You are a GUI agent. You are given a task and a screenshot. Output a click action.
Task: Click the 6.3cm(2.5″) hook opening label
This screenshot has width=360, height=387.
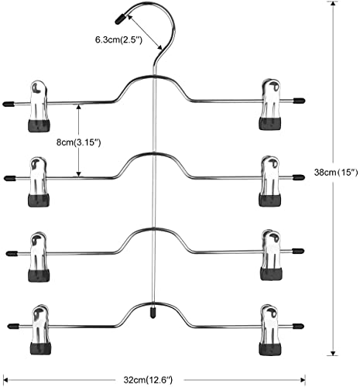click(118, 40)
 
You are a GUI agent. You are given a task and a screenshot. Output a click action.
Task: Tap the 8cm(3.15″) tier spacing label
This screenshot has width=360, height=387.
click(78, 142)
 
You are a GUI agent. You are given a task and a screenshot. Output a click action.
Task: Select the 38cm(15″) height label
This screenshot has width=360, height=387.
click(336, 172)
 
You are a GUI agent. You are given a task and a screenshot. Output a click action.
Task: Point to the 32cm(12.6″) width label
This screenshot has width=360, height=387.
click(148, 380)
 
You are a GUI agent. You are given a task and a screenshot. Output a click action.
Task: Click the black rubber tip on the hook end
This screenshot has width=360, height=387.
click(121, 19)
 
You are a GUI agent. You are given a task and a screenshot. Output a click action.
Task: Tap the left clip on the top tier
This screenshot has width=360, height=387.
click(39, 107)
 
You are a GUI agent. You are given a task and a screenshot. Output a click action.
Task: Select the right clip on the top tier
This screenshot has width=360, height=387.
click(270, 104)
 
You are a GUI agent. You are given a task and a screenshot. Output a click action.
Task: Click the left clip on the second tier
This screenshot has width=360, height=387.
click(39, 182)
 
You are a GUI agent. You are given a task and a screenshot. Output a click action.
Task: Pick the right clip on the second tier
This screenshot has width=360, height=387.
click(270, 181)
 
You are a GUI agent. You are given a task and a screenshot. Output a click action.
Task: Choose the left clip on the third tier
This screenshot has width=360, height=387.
click(39, 256)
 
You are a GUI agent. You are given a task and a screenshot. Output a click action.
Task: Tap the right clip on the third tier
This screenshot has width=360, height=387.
click(271, 255)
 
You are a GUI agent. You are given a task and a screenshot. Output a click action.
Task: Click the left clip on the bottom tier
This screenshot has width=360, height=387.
click(40, 330)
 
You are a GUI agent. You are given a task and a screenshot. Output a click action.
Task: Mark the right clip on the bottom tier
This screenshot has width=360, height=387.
click(270, 330)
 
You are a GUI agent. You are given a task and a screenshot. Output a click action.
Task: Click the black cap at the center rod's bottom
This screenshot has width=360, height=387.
click(153, 312)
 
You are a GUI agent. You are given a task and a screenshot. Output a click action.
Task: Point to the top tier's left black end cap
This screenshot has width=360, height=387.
click(8, 104)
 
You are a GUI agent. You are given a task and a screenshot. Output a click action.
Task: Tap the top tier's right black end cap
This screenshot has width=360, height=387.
click(299, 101)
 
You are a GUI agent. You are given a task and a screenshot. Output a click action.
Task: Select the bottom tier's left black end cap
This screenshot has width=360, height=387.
click(12, 326)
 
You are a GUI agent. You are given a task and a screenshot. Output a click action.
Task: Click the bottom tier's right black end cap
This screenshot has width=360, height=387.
click(298, 326)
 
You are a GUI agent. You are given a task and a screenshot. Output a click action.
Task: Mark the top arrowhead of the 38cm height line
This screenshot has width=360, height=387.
click(333, 4)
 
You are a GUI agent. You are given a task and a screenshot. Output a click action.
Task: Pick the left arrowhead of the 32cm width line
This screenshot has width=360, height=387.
click(6, 380)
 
